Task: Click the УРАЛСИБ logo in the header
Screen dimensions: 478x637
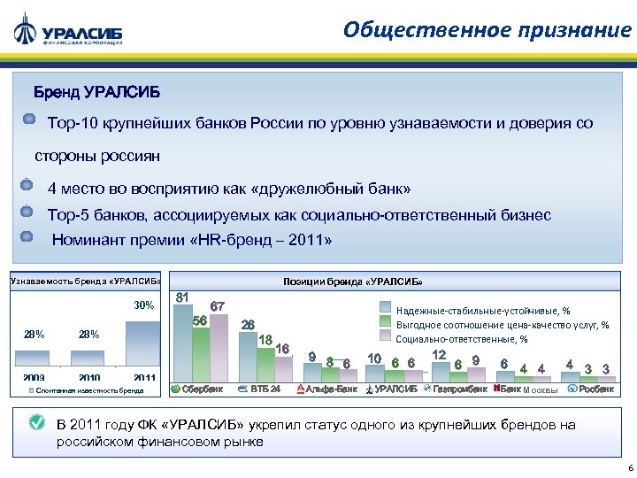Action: pyautogui.click(x=68, y=30)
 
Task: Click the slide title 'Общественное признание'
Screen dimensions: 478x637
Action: pyautogui.click(x=487, y=30)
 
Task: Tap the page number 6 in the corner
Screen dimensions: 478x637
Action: pyautogui.click(x=626, y=467)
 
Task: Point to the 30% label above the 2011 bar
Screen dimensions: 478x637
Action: pyautogui.click(x=143, y=305)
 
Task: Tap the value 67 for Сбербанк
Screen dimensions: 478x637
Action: pyautogui.click(x=218, y=306)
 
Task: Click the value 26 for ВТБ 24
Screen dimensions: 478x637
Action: pyautogui.click(x=249, y=324)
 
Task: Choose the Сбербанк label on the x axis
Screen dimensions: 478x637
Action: pyautogui.click(x=202, y=389)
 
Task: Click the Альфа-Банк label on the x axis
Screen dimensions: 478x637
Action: pyautogui.click(x=331, y=389)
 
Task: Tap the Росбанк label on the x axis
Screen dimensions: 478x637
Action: pyautogui.click(x=595, y=389)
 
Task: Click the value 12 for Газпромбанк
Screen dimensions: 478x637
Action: pyautogui.click(x=439, y=354)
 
